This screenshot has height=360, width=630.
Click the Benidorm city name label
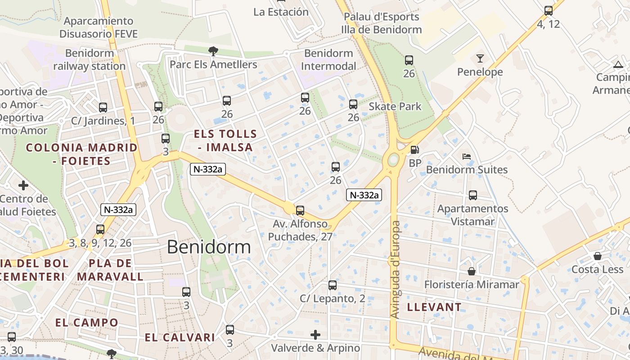click(209, 247)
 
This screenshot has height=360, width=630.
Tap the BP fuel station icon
click(414, 150)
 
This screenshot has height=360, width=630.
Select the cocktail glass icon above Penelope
click(480, 58)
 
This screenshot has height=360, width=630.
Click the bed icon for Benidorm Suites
click(467, 157)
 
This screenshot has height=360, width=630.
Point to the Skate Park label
click(395, 107)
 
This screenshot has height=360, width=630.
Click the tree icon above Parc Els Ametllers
click(213, 51)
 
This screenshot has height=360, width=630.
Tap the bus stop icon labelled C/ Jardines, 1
click(103, 108)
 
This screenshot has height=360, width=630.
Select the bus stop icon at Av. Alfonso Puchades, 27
click(300, 210)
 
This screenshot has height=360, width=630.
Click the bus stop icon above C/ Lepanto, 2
click(333, 285)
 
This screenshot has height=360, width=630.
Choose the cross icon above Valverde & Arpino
click(315, 335)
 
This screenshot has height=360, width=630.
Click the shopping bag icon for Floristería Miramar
click(472, 271)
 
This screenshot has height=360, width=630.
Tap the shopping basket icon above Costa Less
click(597, 256)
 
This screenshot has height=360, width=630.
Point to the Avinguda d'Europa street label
click(396, 270)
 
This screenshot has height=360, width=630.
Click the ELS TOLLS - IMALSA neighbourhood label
click(225, 140)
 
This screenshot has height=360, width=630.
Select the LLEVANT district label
click(434, 307)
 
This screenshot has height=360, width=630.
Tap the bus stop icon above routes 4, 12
click(548, 11)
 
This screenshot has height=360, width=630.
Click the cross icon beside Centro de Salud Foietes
click(23, 185)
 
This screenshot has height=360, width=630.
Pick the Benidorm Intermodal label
click(328, 60)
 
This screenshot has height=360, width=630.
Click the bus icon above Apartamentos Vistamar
click(473, 195)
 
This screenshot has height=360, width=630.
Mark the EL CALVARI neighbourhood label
click(180, 337)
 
